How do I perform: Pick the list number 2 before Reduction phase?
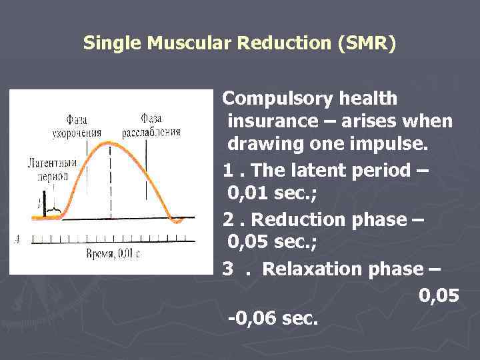pos(228,219)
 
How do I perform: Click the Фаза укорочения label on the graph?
pos(76,126)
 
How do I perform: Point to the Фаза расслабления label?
pos(151,125)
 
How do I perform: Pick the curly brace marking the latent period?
pos(53,213)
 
